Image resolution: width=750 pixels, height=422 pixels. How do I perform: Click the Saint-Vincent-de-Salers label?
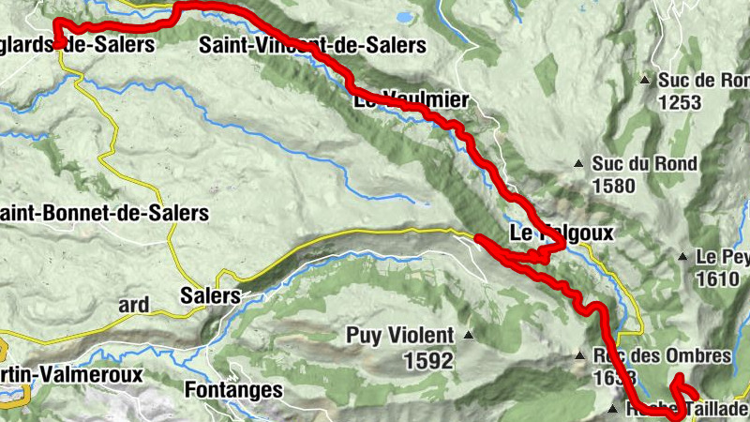pos(313,45)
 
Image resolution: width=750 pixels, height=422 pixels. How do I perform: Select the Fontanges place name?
pos(233,388)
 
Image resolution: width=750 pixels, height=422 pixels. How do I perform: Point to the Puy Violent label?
pos(400,335)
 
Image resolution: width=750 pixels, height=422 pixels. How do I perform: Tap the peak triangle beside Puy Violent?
pos(468,335)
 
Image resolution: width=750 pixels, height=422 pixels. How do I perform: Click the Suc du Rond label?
pos(644,164)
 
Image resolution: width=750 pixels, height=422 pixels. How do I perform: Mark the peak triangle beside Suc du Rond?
pos(578,165)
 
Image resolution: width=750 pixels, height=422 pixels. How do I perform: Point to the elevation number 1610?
pos(720,279)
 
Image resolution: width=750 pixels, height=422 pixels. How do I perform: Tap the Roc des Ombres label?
pos(662,356)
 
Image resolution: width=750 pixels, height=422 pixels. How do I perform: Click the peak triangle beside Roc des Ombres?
pos(579,357)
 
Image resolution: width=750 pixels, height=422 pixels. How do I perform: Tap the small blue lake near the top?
pos(403,17)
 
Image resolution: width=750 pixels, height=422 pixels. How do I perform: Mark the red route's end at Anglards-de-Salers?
pos(58,41)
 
